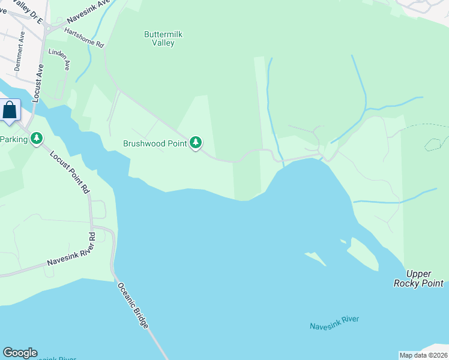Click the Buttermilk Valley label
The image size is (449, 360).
tap(163, 38)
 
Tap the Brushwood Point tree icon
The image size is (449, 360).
tap(196, 143)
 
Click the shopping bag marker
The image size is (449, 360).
tap(10, 110)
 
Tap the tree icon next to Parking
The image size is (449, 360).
tap(37, 139)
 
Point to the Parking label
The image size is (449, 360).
tap(14, 139)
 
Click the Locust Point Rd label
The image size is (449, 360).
tap(70, 171)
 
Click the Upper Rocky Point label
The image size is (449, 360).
tap(419, 278)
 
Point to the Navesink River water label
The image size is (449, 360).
tap(334, 323)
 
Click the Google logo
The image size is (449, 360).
tap(20, 353)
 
